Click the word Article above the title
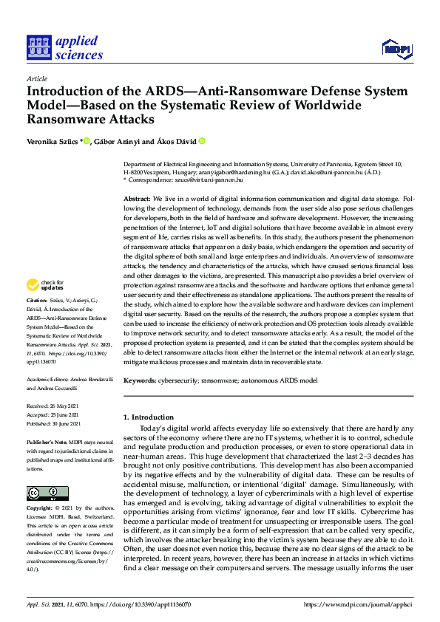pyautogui.click(x=36, y=78)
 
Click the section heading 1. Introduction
pyautogui.click(x=148, y=418)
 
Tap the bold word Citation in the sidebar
pyautogui.click(x=37, y=302)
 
